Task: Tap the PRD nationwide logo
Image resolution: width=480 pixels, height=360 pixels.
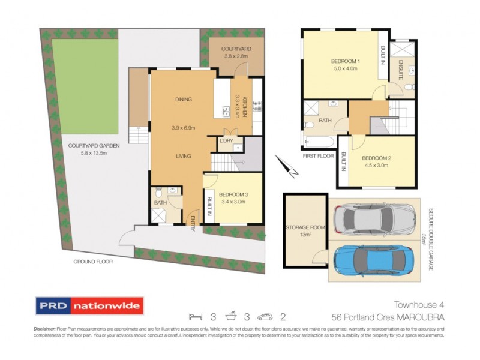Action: click(89, 306)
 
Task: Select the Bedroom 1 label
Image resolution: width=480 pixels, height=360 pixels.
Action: click(345, 62)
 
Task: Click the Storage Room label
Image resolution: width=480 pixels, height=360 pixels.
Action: click(305, 228)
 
